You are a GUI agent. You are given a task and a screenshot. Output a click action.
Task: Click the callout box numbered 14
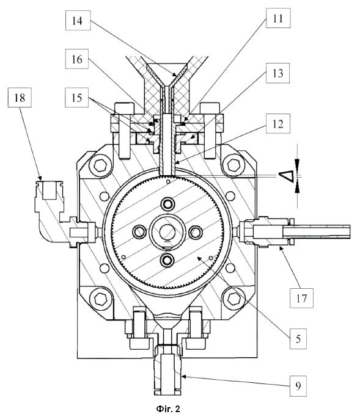[78, 21]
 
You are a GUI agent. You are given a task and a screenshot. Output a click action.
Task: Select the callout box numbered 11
[278, 18]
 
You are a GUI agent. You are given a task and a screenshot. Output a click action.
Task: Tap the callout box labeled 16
[77, 59]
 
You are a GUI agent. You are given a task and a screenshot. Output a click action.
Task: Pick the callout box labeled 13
[277, 73]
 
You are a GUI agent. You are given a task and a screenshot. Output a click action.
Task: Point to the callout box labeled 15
[76, 98]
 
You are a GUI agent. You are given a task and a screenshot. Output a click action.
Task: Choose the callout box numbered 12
[278, 124]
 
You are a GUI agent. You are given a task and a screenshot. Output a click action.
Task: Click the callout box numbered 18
[20, 98]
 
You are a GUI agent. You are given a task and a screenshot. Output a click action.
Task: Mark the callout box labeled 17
[301, 298]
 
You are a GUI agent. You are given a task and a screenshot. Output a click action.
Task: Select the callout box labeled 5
[298, 339]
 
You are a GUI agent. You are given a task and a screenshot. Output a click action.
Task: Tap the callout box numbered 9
[298, 386]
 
